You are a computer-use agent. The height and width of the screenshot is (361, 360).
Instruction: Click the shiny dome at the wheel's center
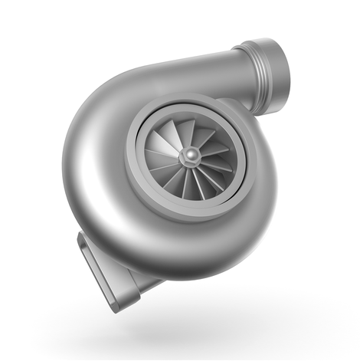[x=188, y=156]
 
